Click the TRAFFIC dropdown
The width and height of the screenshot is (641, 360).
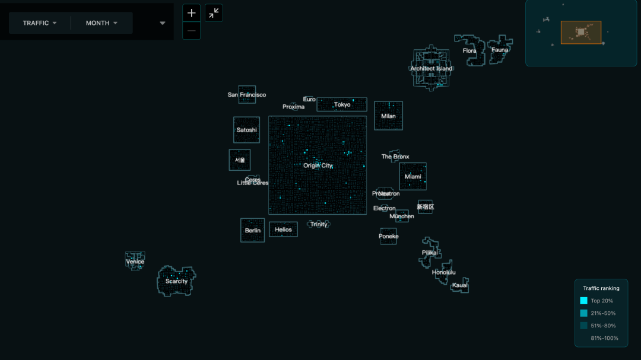(x=40, y=23)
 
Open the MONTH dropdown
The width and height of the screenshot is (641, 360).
(x=101, y=23)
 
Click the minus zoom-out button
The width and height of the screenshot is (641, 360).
(x=191, y=31)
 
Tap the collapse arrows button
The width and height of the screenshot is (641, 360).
(x=214, y=12)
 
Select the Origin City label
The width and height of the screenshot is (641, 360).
(x=318, y=165)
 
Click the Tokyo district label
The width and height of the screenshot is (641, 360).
(x=342, y=105)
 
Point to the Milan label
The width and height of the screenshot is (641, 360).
(x=388, y=116)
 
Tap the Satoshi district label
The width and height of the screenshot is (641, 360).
(x=246, y=130)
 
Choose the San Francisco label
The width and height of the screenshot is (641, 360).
(x=247, y=95)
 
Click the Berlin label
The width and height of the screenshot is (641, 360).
(x=253, y=231)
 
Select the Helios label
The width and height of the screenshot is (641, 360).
(x=283, y=230)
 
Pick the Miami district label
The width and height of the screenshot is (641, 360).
(x=412, y=177)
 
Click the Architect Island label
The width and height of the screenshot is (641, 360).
(x=431, y=69)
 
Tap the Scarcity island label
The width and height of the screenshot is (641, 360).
(x=176, y=281)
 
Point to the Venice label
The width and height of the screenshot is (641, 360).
(x=135, y=262)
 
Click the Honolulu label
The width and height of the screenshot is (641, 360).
(x=444, y=272)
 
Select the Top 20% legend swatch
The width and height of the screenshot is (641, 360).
(x=583, y=301)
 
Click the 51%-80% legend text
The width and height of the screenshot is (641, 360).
(x=603, y=326)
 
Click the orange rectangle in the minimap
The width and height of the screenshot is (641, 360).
(x=580, y=33)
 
